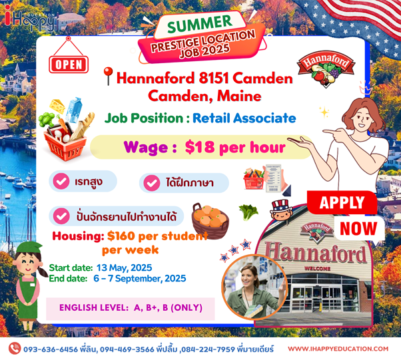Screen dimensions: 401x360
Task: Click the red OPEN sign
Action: tap(69, 65)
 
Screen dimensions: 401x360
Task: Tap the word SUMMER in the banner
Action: tap(200, 24)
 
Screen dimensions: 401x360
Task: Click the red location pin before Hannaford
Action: tap(108, 76)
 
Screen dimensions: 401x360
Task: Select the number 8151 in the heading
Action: tap(214, 78)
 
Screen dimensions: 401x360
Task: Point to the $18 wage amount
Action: tap(200, 147)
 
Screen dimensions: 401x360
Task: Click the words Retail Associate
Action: tap(244, 118)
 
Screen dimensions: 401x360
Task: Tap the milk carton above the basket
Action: tap(73, 109)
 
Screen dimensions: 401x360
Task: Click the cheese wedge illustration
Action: tap(57, 106)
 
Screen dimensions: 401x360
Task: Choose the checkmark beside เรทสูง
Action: tap(61, 181)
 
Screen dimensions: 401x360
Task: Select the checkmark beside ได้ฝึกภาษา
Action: tap(152, 183)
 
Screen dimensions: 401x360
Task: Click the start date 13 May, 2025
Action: tap(124, 268)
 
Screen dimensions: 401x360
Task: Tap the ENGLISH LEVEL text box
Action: tap(131, 308)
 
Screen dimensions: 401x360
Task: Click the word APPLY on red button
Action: tap(342, 202)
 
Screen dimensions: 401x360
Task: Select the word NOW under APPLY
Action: tap(358, 228)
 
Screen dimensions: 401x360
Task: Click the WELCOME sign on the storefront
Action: tap(317, 269)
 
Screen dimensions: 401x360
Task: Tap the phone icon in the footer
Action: tap(15, 349)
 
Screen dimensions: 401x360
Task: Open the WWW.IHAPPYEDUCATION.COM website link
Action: tap(338, 349)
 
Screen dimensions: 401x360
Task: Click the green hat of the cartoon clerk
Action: tap(28, 248)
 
